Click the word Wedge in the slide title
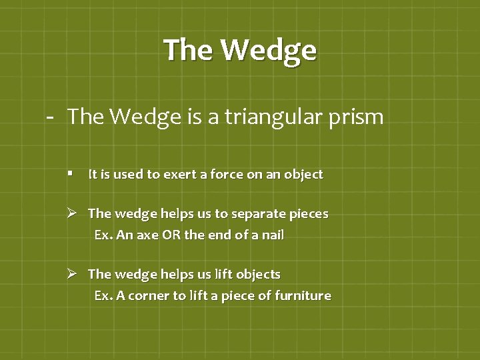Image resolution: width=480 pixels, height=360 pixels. click(x=268, y=50)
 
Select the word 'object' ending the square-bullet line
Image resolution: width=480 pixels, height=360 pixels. click(x=303, y=175)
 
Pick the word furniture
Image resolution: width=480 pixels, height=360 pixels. click(x=303, y=295)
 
